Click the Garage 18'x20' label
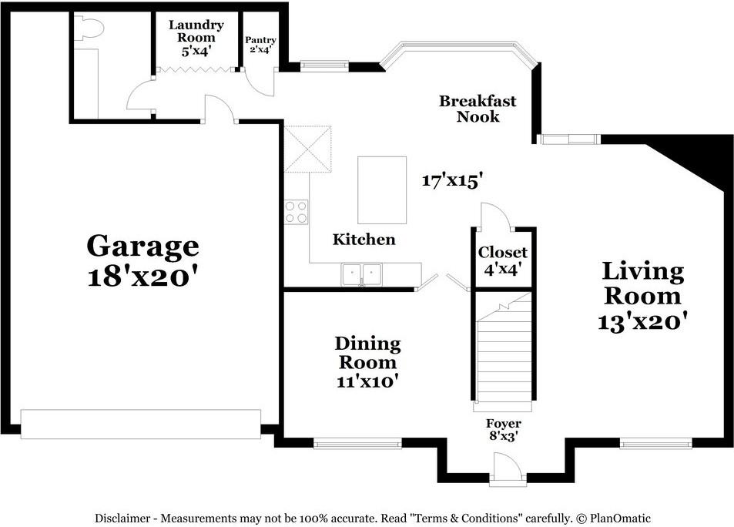[142, 260]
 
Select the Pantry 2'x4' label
[260, 45]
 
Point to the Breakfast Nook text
[478, 109]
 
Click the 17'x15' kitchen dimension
[452, 180]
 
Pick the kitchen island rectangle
[382, 190]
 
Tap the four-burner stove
[297, 212]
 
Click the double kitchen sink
[361, 274]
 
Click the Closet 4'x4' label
[503, 261]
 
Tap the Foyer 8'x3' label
[503, 430]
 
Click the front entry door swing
[508, 465]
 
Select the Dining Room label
[367, 362]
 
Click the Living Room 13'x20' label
[642, 297]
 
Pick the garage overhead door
[141, 425]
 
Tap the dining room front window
[357, 443]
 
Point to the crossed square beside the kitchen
[307, 149]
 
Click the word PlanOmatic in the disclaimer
[620, 519]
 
